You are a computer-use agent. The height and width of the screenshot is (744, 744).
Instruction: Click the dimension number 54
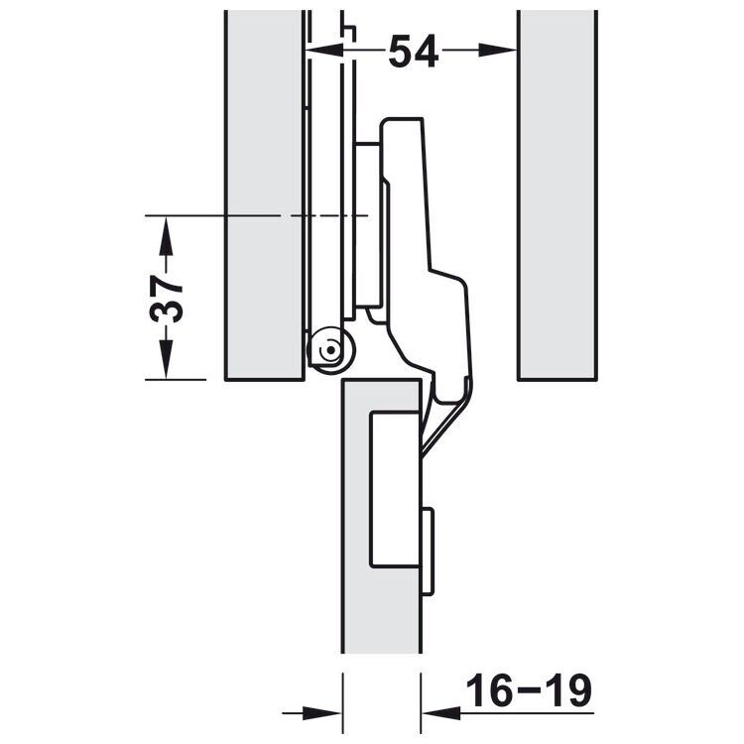coord(413,51)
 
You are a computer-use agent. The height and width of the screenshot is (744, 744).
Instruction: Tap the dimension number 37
coord(166,300)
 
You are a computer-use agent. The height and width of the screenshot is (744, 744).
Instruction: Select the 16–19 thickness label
coord(529,689)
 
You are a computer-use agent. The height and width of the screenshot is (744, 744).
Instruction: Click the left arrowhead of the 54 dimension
coord(324,50)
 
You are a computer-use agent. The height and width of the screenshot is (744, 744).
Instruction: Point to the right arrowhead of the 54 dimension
coord(498,50)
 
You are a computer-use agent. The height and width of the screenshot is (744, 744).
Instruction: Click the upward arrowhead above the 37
coord(166,235)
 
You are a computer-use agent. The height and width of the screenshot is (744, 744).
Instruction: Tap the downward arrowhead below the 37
coord(166,361)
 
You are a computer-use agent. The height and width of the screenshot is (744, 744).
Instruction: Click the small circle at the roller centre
coord(330,351)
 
